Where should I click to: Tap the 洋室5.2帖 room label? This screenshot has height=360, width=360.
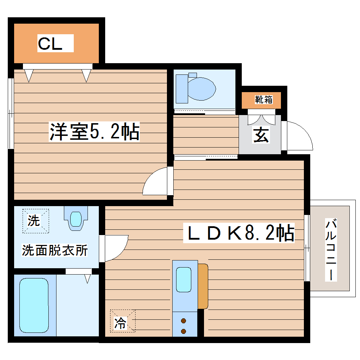tap(94, 132)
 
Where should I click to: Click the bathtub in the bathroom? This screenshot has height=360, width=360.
tap(34, 305)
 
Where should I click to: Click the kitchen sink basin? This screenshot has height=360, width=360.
tap(184, 280)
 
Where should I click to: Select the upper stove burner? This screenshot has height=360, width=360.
tap(184, 321)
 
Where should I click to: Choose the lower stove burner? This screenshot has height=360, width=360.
tap(184, 331)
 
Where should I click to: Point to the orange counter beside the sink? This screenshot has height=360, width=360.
tap(203, 286)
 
